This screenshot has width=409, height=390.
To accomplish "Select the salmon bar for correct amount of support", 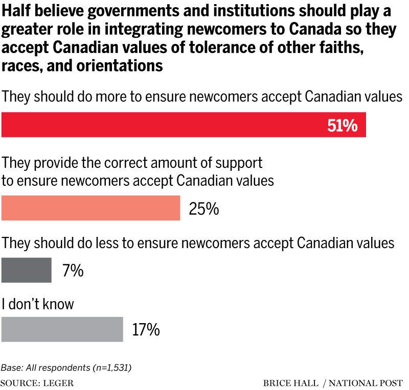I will point(91,207).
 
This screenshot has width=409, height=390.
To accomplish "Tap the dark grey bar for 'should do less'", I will point(27,270).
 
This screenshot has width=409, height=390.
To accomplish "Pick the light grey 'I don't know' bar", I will point(62,329).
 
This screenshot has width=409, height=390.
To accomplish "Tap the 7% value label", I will point(73,271).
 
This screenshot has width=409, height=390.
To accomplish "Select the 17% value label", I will point(146,330).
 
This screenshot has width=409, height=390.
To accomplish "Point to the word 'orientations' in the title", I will point(120,66).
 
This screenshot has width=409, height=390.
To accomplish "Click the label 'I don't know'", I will point(38,305).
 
